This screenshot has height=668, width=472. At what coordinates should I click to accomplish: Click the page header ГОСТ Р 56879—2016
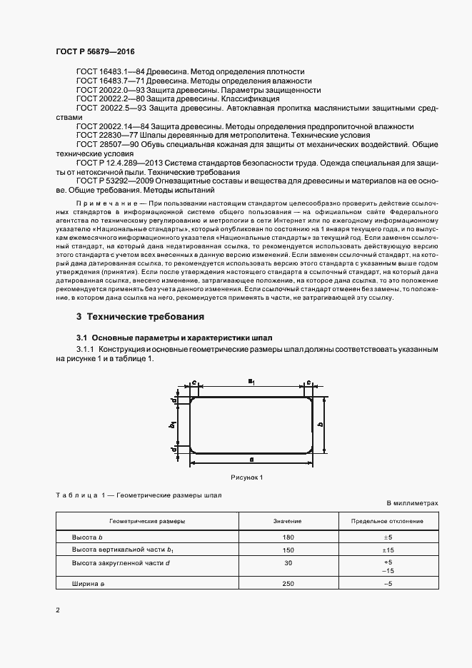[x=94, y=53]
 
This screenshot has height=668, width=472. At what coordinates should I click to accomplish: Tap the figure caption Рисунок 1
[x=247, y=477]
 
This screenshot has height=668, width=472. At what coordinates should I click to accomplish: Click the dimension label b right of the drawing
[x=321, y=424]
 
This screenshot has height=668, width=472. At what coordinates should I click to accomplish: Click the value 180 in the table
[x=288, y=537]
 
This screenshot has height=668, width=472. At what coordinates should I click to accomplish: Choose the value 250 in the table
[x=288, y=584]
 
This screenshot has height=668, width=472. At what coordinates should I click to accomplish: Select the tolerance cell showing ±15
[x=388, y=550]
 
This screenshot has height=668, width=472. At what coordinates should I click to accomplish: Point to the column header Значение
[x=288, y=522]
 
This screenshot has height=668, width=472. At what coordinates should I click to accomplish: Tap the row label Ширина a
[x=88, y=584]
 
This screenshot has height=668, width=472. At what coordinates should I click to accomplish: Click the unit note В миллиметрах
[x=413, y=503]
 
